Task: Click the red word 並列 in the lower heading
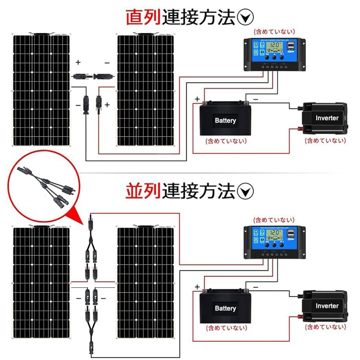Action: [x=143, y=191]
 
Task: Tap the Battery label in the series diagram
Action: [x=225, y=120]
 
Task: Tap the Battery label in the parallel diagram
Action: [x=225, y=308]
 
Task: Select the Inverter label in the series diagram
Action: [x=327, y=118]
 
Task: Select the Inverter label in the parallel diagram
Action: [x=327, y=306]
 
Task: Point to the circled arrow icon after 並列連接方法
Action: [x=247, y=191]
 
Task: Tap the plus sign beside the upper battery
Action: [x=197, y=99]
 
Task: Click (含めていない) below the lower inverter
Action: [x=325, y=327]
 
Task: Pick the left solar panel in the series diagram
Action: [x=41, y=90]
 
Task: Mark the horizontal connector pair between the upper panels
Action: [x=93, y=76]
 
